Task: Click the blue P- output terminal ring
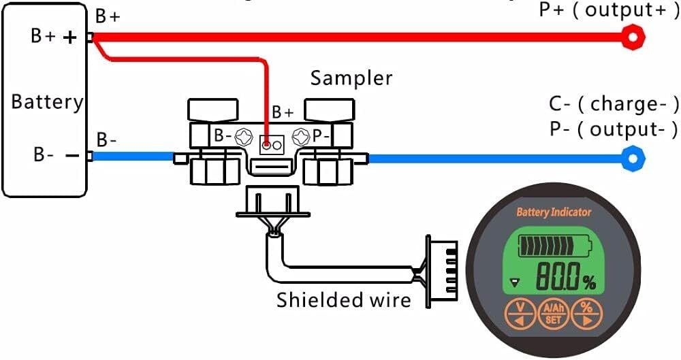tap(635, 159)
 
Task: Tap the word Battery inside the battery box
tap(47, 102)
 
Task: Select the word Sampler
tap(351, 78)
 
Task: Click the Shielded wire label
tap(344, 299)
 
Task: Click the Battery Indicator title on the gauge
tap(554, 212)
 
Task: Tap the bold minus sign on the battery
tap(72, 155)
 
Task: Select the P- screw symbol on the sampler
tap(300, 136)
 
